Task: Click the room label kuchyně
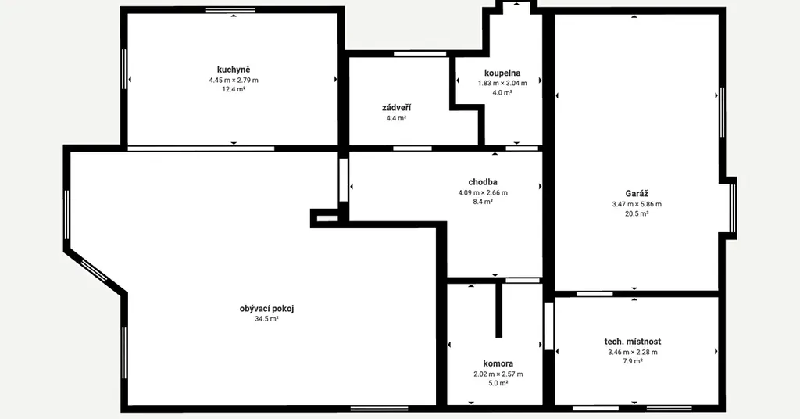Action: tap(234, 70)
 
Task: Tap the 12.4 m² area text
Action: tap(234, 89)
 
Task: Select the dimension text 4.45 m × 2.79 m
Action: tap(234, 80)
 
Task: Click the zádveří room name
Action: tap(396, 108)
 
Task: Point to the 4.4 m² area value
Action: tap(396, 118)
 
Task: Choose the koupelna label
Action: tap(502, 73)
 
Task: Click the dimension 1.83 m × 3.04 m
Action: tap(502, 83)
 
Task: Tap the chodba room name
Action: tap(483, 182)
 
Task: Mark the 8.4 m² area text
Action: tap(483, 202)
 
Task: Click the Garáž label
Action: tap(637, 194)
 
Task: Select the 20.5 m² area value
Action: tap(637, 214)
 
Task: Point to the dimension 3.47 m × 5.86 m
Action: tap(637, 204)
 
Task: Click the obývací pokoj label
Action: tap(267, 309)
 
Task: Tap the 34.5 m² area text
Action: tap(267, 319)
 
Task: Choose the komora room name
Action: tap(498, 363)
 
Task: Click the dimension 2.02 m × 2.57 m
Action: tap(498, 374)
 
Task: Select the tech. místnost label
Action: tap(633, 342)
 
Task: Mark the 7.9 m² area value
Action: tap(633, 361)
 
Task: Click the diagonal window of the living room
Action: tap(95, 270)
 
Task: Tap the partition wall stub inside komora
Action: tap(499, 310)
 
